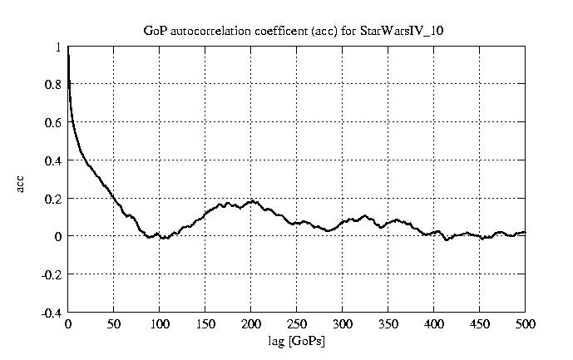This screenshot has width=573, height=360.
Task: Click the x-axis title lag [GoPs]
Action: coord(296,342)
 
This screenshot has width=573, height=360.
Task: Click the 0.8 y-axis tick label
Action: coord(54,84)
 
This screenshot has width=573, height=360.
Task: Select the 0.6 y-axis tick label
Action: coord(54,122)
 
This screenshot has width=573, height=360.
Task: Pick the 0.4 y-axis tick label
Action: coord(54,160)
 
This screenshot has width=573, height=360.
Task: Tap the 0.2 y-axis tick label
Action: coord(54,199)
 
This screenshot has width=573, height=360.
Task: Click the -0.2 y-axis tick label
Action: coord(52,274)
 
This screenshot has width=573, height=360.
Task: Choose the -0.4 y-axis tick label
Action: coord(52,313)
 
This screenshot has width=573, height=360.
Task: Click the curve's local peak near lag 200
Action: coord(250,201)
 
